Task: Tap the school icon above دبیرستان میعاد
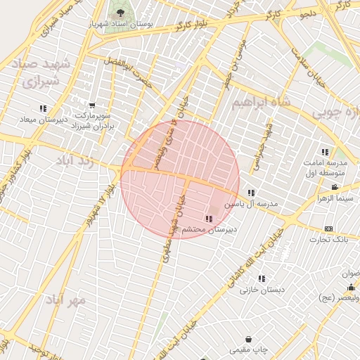click(43, 108)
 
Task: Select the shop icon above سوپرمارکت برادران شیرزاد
click(92, 105)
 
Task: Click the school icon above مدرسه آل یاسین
click(251, 193)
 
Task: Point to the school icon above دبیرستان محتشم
click(208, 219)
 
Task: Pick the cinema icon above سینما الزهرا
click(334, 187)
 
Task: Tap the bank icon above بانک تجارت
click(328, 229)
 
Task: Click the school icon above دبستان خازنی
click(262, 278)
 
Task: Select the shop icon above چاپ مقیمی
click(248, 339)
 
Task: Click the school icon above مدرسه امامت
click(325, 152)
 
